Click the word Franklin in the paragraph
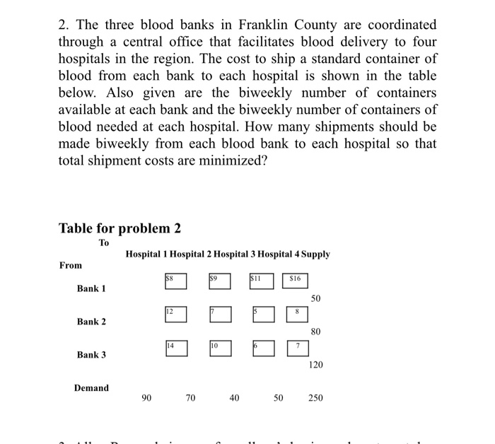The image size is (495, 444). [x=259, y=25]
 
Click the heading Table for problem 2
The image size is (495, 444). [x=120, y=228]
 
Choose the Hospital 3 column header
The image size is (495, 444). [x=234, y=255]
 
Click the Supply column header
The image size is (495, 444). [x=315, y=255]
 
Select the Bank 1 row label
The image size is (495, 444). [x=91, y=288]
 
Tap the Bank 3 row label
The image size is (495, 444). [x=91, y=354]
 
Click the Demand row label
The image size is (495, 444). [x=91, y=387]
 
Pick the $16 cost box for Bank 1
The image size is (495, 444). [x=296, y=281]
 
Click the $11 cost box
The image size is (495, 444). [x=261, y=281]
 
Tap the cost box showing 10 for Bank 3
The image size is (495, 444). [x=220, y=348]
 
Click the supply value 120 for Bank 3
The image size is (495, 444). [x=315, y=366]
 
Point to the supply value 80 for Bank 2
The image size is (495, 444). [x=315, y=332]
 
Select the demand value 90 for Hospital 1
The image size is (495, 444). [x=146, y=398]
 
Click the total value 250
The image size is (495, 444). [x=315, y=398]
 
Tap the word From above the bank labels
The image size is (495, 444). [x=70, y=265]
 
